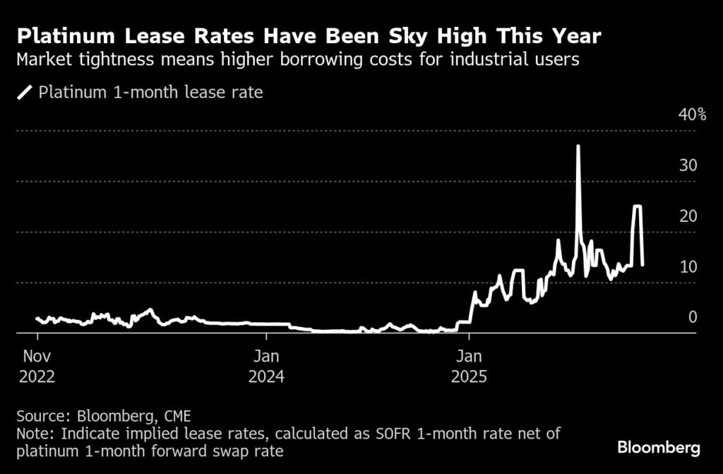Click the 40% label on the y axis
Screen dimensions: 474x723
coord(692,114)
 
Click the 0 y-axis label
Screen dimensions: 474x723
coord(693,317)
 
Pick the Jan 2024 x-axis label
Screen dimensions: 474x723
coord(266,365)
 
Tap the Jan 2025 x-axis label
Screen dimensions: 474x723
coord(469,365)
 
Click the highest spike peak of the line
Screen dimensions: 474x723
coord(578,146)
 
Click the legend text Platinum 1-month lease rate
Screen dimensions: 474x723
coord(150,93)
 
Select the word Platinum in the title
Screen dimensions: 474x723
coord(64,35)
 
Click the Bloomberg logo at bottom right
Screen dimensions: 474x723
coord(658,447)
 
